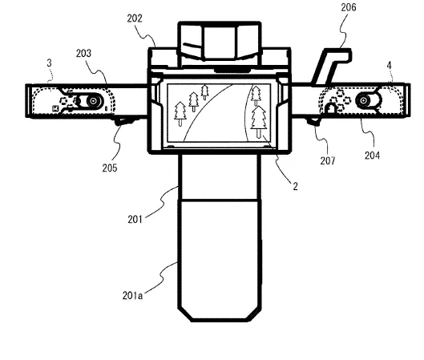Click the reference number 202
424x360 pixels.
pyautogui.click(x=135, y=18)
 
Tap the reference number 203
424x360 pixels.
pyautogui.click(x=83, y=53)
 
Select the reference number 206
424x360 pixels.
pyautogui.click(x=349, y=7)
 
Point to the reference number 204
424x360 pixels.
pyautogui.click(x=372, y=156)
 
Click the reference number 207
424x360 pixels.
pyautogui.click(x=328, y=161)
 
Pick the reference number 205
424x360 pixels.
pyautogui.click(x=110, y=168)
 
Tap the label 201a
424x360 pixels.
pyautogui.click(x=132, y=296)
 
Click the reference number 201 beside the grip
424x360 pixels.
pyautogui.click(x=135, y=219)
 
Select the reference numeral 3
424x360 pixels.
pyautogui.click(x=49, y=63)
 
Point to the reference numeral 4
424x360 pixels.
pyautogui.click(x=389, y=66)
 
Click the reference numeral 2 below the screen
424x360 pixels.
pyautogui.click(x=295, y=186)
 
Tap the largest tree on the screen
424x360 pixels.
pyautogui.click(x=259, y=122)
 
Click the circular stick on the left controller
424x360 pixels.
pyautogui.click(x=93, y=101)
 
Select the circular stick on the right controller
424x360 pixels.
pyautogui.click(x=363, y=100)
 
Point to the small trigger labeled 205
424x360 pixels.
pyautogui.click(x=123, y=121)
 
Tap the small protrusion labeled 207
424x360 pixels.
pyautogui.click(x=313, y=121)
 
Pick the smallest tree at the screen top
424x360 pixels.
pyautogui.click(x=204, y=92)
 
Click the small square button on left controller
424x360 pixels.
pyautogui.click(x=55, y=109)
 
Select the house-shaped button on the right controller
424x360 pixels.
pyautogui.click(x=331, y=109)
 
